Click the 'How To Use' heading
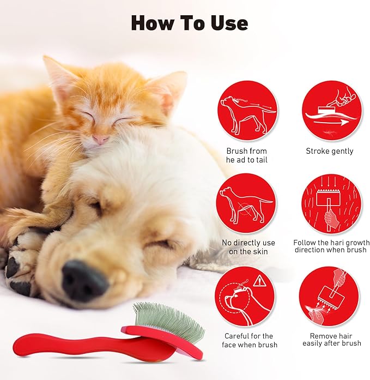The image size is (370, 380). pyautogui.click(x=189, y=23)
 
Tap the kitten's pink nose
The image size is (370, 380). pyautogui.click(x=100, y=140)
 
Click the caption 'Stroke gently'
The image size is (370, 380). pyautogui.click(x=329, y=151)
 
